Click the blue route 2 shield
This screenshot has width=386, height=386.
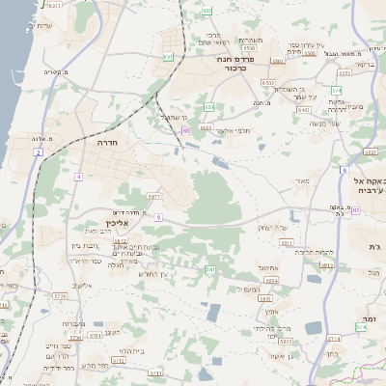pos(38,152)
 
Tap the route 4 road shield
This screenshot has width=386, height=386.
pos(77,178)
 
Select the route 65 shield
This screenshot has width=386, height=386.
pos(184,129)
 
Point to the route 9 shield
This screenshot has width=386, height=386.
pos(157,218)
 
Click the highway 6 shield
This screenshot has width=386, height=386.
pos(344,170)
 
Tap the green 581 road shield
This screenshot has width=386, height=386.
pos(209,269)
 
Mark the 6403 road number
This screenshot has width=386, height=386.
pos(303,109)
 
